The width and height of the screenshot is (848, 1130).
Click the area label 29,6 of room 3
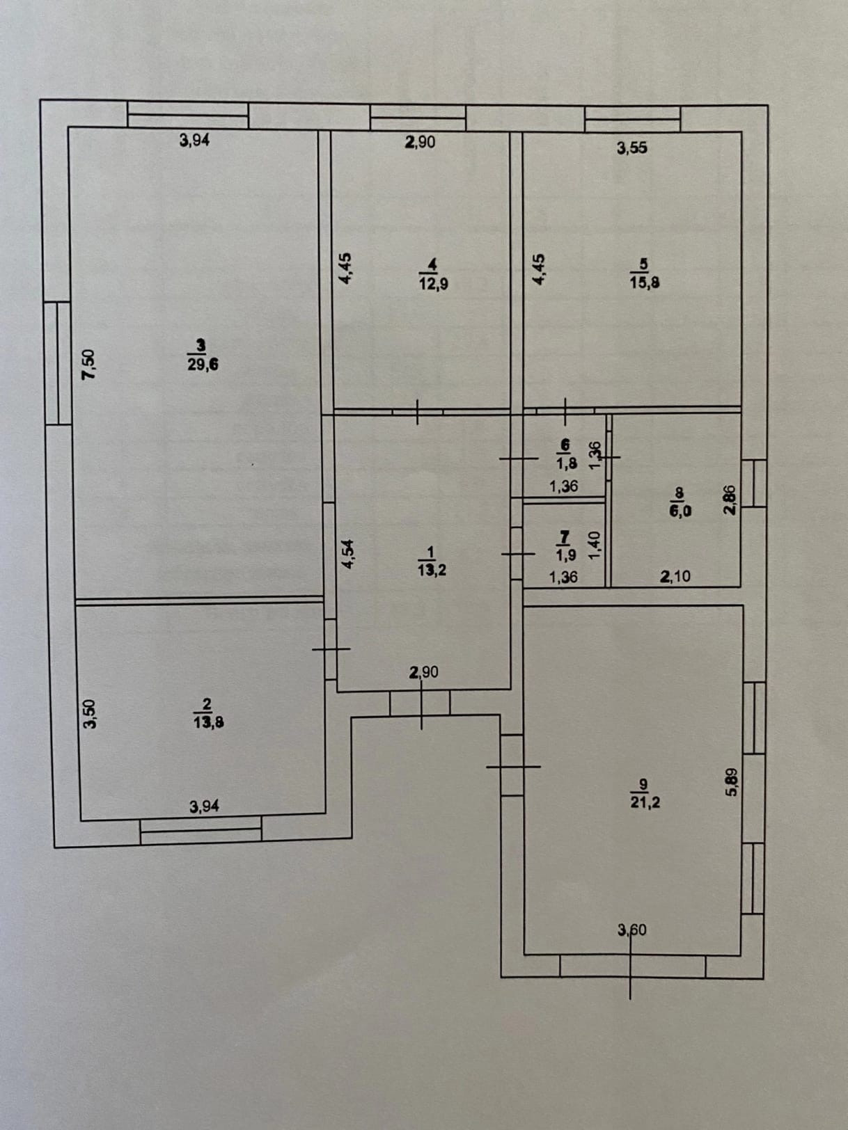[x=203, y=364]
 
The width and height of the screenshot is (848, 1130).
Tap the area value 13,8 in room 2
[x=208, y=722]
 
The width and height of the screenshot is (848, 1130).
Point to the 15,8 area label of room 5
[x=644, y=282]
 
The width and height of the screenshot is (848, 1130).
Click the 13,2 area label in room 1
[x=432, y=570]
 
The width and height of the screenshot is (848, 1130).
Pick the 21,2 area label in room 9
[x=645, y=802]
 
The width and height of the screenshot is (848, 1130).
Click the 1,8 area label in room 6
[x=565, y=463]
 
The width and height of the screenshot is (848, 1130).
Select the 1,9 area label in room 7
[x=565, y=555]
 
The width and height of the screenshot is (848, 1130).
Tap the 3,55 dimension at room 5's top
[x=631, y=148]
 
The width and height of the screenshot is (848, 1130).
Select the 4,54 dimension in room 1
[x=348, y=554]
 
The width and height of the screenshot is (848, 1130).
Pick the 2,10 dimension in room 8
[x=675, y=576]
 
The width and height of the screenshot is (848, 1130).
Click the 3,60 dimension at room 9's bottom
[x=631, y=930]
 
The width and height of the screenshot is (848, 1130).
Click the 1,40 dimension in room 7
[x=594, y=543]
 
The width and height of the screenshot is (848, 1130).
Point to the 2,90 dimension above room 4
[x=420, y=142]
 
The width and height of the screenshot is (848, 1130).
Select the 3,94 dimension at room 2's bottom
[x=204, y=806]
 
